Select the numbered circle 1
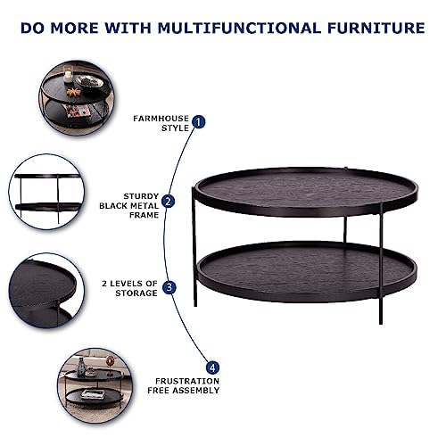click(199, 121)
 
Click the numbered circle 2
click(169, 202)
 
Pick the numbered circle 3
click(169, 288)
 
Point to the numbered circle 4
click(212, 367)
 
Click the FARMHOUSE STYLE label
click(161, 122)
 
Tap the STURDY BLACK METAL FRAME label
click(129, 204)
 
